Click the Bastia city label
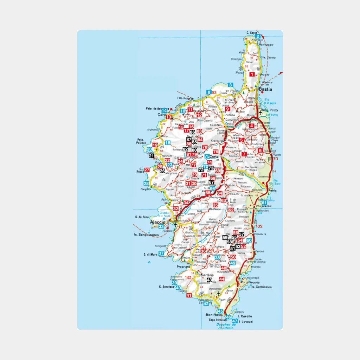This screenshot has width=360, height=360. (265, 89)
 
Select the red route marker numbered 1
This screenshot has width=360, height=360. (252, 74)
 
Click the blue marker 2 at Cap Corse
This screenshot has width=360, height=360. (258, 36)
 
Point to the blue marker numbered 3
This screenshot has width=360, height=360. (230, 85)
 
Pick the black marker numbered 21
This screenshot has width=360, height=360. (152, 156)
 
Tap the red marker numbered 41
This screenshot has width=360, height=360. (189, 295)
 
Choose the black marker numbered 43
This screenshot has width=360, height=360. (210, 280)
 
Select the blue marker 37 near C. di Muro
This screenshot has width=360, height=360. (161, 253)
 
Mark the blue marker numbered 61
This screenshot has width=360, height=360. (264, 202)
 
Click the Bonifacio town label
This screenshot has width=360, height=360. (213, 315)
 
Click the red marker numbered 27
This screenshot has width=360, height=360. (147, 170)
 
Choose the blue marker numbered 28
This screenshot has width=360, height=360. (146, 184)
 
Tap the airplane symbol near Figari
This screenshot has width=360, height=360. (218, 294)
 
